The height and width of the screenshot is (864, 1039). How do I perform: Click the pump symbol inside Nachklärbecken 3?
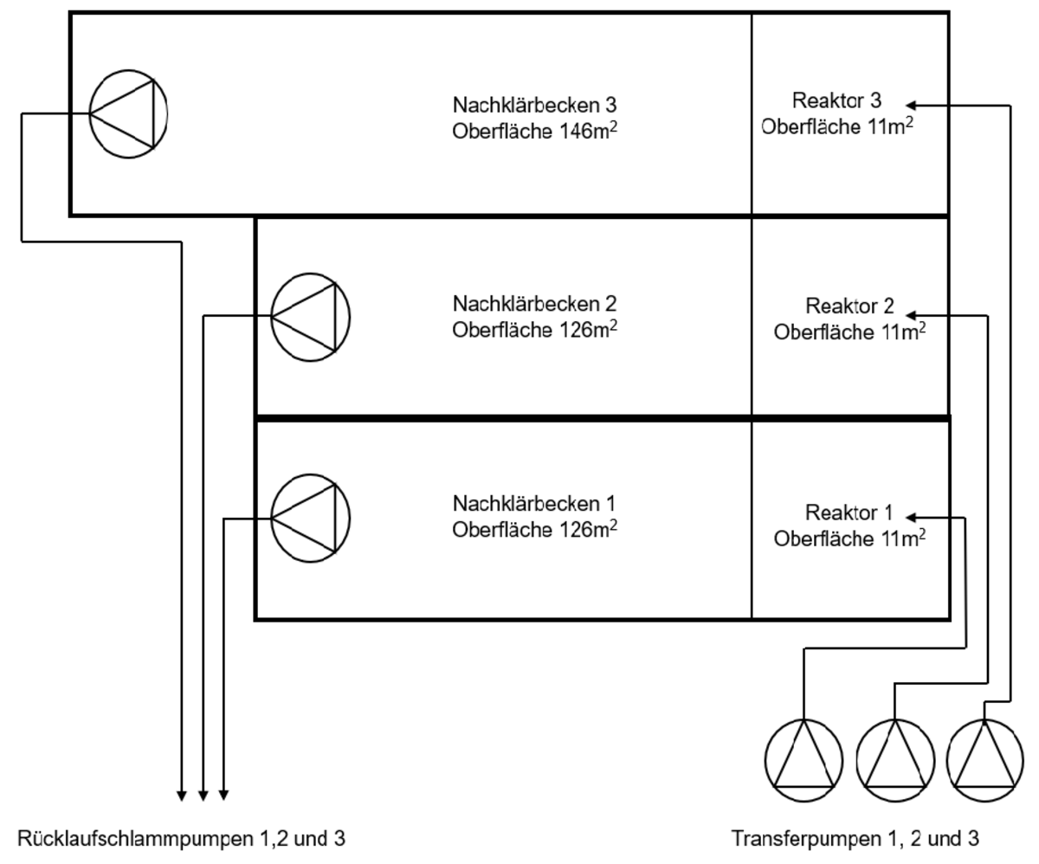tap(128, 113)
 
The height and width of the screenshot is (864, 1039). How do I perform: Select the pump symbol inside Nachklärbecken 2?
tap(310, 317)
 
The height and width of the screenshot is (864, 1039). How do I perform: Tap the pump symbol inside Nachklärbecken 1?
tap(310, 517)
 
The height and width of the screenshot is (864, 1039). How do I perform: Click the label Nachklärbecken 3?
tap(534, 105)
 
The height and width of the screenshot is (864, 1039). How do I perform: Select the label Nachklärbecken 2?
tap(534, 305)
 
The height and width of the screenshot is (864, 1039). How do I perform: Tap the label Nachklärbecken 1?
tap(534, 503)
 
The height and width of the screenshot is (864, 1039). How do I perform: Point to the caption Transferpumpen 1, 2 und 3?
tap(855, 838)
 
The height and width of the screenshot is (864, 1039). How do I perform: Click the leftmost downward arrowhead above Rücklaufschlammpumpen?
tap(181, 792)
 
